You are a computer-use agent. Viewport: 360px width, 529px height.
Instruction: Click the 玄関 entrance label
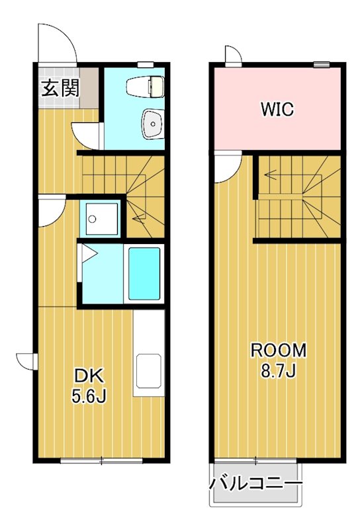click(x=60, y=88)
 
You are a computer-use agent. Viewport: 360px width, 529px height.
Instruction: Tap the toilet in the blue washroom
click(x=145, y=87)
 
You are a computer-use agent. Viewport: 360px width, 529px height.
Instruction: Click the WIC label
click(x=277, y=109)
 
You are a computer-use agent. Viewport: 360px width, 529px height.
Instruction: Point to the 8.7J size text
click(x=278, y=371)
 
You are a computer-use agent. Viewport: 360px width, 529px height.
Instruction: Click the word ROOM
click(x=278, y=350)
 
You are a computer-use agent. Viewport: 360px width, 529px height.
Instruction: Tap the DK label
click(x=89, y=376)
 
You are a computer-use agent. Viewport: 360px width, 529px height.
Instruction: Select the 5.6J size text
click(x=89, y=395)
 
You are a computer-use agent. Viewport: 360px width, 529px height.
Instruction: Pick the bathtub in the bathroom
click(x=144, y=274)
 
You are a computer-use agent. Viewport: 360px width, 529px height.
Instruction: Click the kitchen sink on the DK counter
click(x=148, y=371)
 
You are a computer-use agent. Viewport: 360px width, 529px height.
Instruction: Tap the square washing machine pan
click(x=101, y=219)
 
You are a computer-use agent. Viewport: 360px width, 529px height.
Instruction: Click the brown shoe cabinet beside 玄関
click(x=89, y=88)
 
